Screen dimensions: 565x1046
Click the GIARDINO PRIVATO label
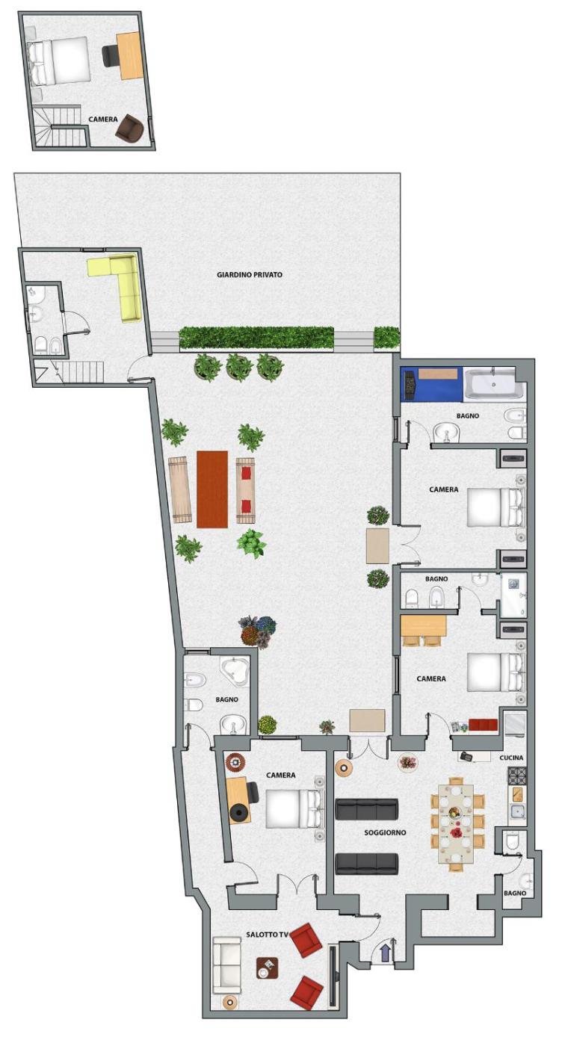pyautogui.click(x=250, y=275)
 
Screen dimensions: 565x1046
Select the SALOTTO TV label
pyautogui.click(x=268, y=935)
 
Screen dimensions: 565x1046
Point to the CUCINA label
pyautogui.click(x=511, y=758)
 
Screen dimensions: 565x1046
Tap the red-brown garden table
pyautogui.click(x=212, y=489)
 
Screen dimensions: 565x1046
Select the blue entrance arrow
pyautogui.click(x=385, y=953)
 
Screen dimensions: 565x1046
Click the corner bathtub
pyautogui.click(x=235, y=672)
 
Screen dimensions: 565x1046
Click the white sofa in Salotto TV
pyautogui.click(x=226, y=974)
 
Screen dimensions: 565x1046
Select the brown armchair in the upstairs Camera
pyautogui.click(x=129, y=129)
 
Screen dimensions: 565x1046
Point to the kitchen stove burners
pyautogui.click(x=516, y=776)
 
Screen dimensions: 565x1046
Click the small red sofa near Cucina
pyautogui.click(x=484, y=725)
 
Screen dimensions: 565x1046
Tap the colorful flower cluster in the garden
pyautogui.click(x=257, y=631)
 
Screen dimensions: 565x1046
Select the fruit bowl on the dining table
pyautogui.click(x=454, y=813)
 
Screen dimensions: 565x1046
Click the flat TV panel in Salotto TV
pyautogui.click(x=333, y=975)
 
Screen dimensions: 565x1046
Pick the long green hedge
pyautogui.click(x=256, y=338)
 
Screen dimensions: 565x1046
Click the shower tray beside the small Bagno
pyautogui.click(x=513, y=595)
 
